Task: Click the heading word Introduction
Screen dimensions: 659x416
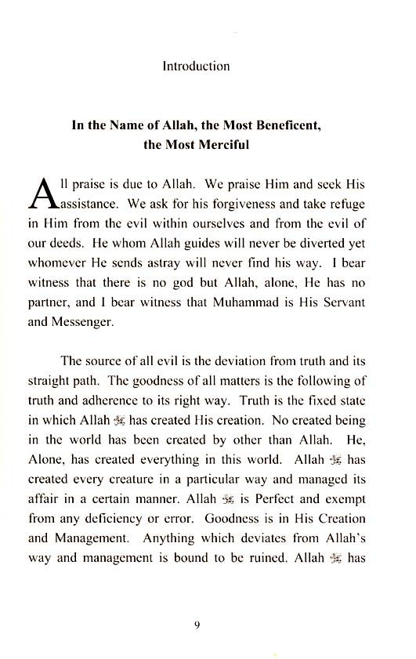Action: [x=196, y=66]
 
